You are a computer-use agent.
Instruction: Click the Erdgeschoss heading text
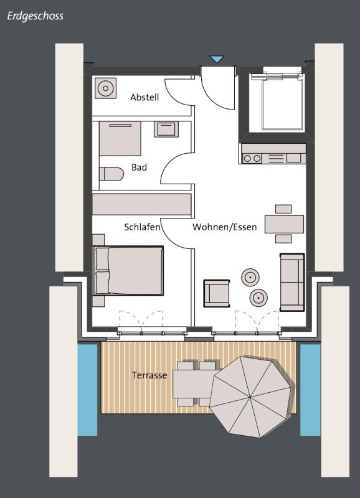pyautogui.click(x=36, y=17)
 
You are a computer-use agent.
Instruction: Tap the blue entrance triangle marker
pyautogui.click(x=217, y=59)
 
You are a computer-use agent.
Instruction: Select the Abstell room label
pyautogui.click(x=144, y=97)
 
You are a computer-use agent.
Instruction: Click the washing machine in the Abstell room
pyautogui.click(x=105, y=88)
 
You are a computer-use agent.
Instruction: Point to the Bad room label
pyautogui.click(x=139, y=167)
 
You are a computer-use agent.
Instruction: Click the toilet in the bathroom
pyautogui.click(x=111, y=174)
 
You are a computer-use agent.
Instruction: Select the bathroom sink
pyautogui.click(x=166, y=129)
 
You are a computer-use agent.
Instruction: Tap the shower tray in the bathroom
pyautogui.click(x=120, y=138)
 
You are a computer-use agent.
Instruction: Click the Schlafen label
pyautogui.click(x=142, y=227)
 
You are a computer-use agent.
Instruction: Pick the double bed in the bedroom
pyautogui.click(x=128, y=270)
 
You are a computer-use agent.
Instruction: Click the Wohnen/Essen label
pyautogui.click(x=225, y=227)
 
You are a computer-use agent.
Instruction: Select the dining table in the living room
pyautogui.click(x=284, y=224)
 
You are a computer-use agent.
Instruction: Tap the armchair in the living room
pyautogui.click(x=217, y=293)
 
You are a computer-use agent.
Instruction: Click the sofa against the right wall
pyautogui.click(x=292, y=282)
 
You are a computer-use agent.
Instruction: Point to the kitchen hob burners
pyautogui.click(x=252, y=158)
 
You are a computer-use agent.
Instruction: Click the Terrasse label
pyautogui.click(x=149, y=375)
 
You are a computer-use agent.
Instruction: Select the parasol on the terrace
pyautogui.click(x=250, y=397)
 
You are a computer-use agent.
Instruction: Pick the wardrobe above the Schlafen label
pyautogui.click(x=142, y=205)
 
